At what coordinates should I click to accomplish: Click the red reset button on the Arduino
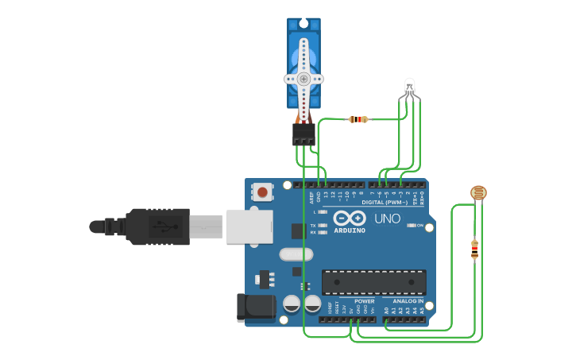click(261, 192)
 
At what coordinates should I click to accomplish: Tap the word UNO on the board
click(387, 219)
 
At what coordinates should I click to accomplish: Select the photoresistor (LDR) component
click(478, 192)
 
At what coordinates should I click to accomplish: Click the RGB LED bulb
click(409, 86)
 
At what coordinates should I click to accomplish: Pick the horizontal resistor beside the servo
click(358, 120)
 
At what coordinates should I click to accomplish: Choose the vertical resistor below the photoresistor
click(474, 250)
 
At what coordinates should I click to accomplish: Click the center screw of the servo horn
click(303, 79)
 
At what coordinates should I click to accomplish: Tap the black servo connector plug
click(303, 135)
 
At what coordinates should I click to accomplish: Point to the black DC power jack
click(254, 308)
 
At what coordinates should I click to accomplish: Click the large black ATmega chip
click(373, 282)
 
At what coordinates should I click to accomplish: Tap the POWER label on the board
click(364, 302)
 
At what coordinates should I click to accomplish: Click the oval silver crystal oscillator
click(296, 255)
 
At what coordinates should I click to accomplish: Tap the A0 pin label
click(387, 311)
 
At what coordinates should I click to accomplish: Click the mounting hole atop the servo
click(303, 22)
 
